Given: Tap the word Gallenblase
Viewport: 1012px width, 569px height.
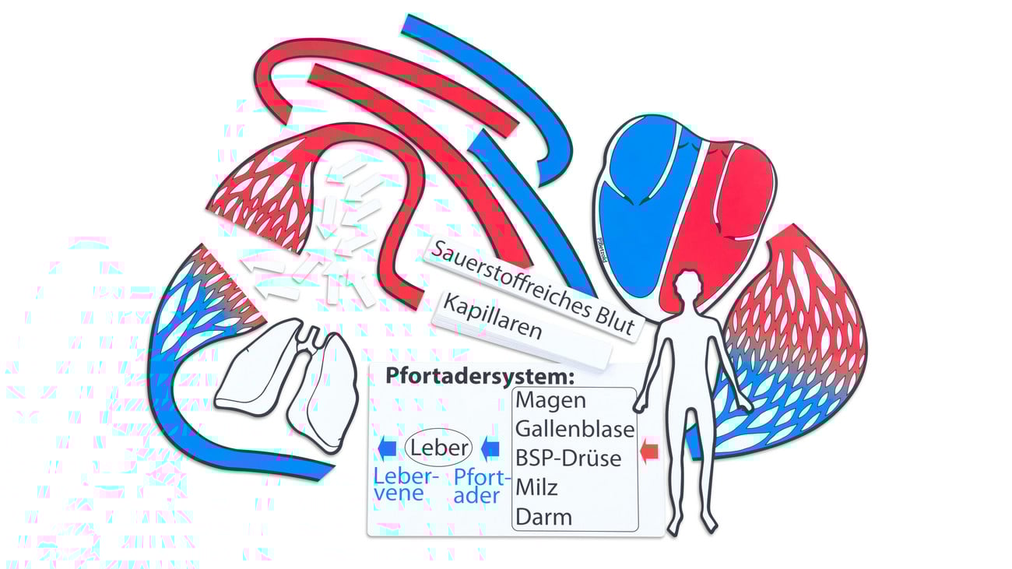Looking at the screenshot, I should pos(575,429).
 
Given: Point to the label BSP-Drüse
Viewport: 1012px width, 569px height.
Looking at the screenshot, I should pos(568,458).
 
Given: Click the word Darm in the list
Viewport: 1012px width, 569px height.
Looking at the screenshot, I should pos(543,517).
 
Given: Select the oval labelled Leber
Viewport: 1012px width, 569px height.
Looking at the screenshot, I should pos(438,448).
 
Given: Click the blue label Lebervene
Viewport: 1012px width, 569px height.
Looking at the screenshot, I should pos(406,484).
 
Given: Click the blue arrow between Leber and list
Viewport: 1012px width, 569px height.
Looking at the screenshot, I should pos(490,448).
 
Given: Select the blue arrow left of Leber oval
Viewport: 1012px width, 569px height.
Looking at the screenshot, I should pos(385,448).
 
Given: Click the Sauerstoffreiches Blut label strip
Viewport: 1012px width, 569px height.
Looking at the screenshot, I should pos(534,289).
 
